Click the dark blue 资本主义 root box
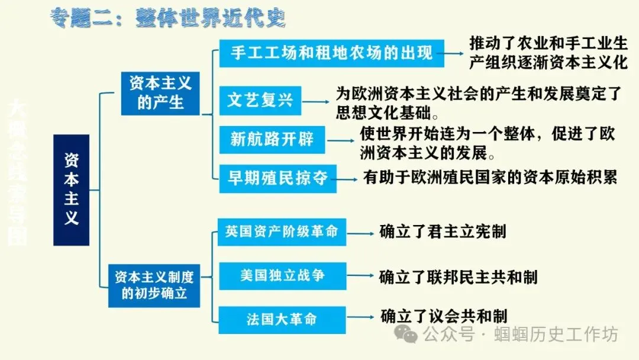point(71,189)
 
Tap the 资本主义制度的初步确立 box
point(154,284)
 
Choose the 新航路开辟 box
point(272,140)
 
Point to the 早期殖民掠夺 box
point(278,178)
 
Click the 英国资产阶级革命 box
point(282,231)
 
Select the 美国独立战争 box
point(282,275)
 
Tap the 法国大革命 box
point(282,319)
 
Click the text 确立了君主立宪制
point(443,232)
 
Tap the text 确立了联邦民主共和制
point(459,277)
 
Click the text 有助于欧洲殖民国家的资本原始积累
point(490,177)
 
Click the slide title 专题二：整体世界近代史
point(167,18)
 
